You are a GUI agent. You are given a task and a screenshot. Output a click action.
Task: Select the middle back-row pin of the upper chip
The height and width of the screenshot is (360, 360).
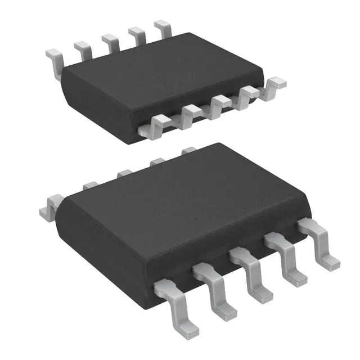pos(110,42)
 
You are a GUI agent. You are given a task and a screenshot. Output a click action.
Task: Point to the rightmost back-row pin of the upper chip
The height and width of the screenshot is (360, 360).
pos(163,27)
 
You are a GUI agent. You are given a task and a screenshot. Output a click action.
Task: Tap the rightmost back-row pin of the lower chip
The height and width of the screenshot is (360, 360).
pos(188,150)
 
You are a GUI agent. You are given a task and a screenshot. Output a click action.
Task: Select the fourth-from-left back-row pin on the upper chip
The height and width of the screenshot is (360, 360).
pos(137,34)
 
